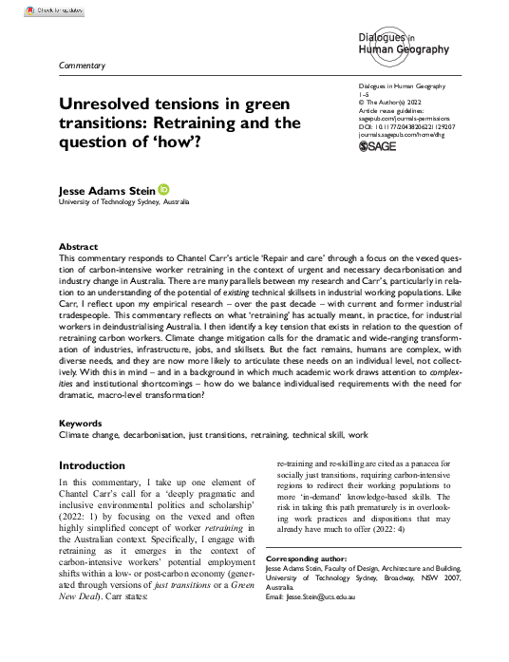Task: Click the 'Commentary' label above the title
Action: pyautogui.click(x=82, y=66)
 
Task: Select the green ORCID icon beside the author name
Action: pyautogui.click(x=162, y=190)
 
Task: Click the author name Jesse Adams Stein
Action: pyautogui.click(x=107, y=191)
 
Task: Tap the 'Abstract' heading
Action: pyautogui.click(x=78, y=244)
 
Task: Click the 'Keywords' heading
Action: pyautogui.click(x=82, y=422)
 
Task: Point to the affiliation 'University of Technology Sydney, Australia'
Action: pyautogui.click(x=124, y=204)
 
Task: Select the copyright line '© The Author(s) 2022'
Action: pyautogui.click(x=389, y=127)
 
